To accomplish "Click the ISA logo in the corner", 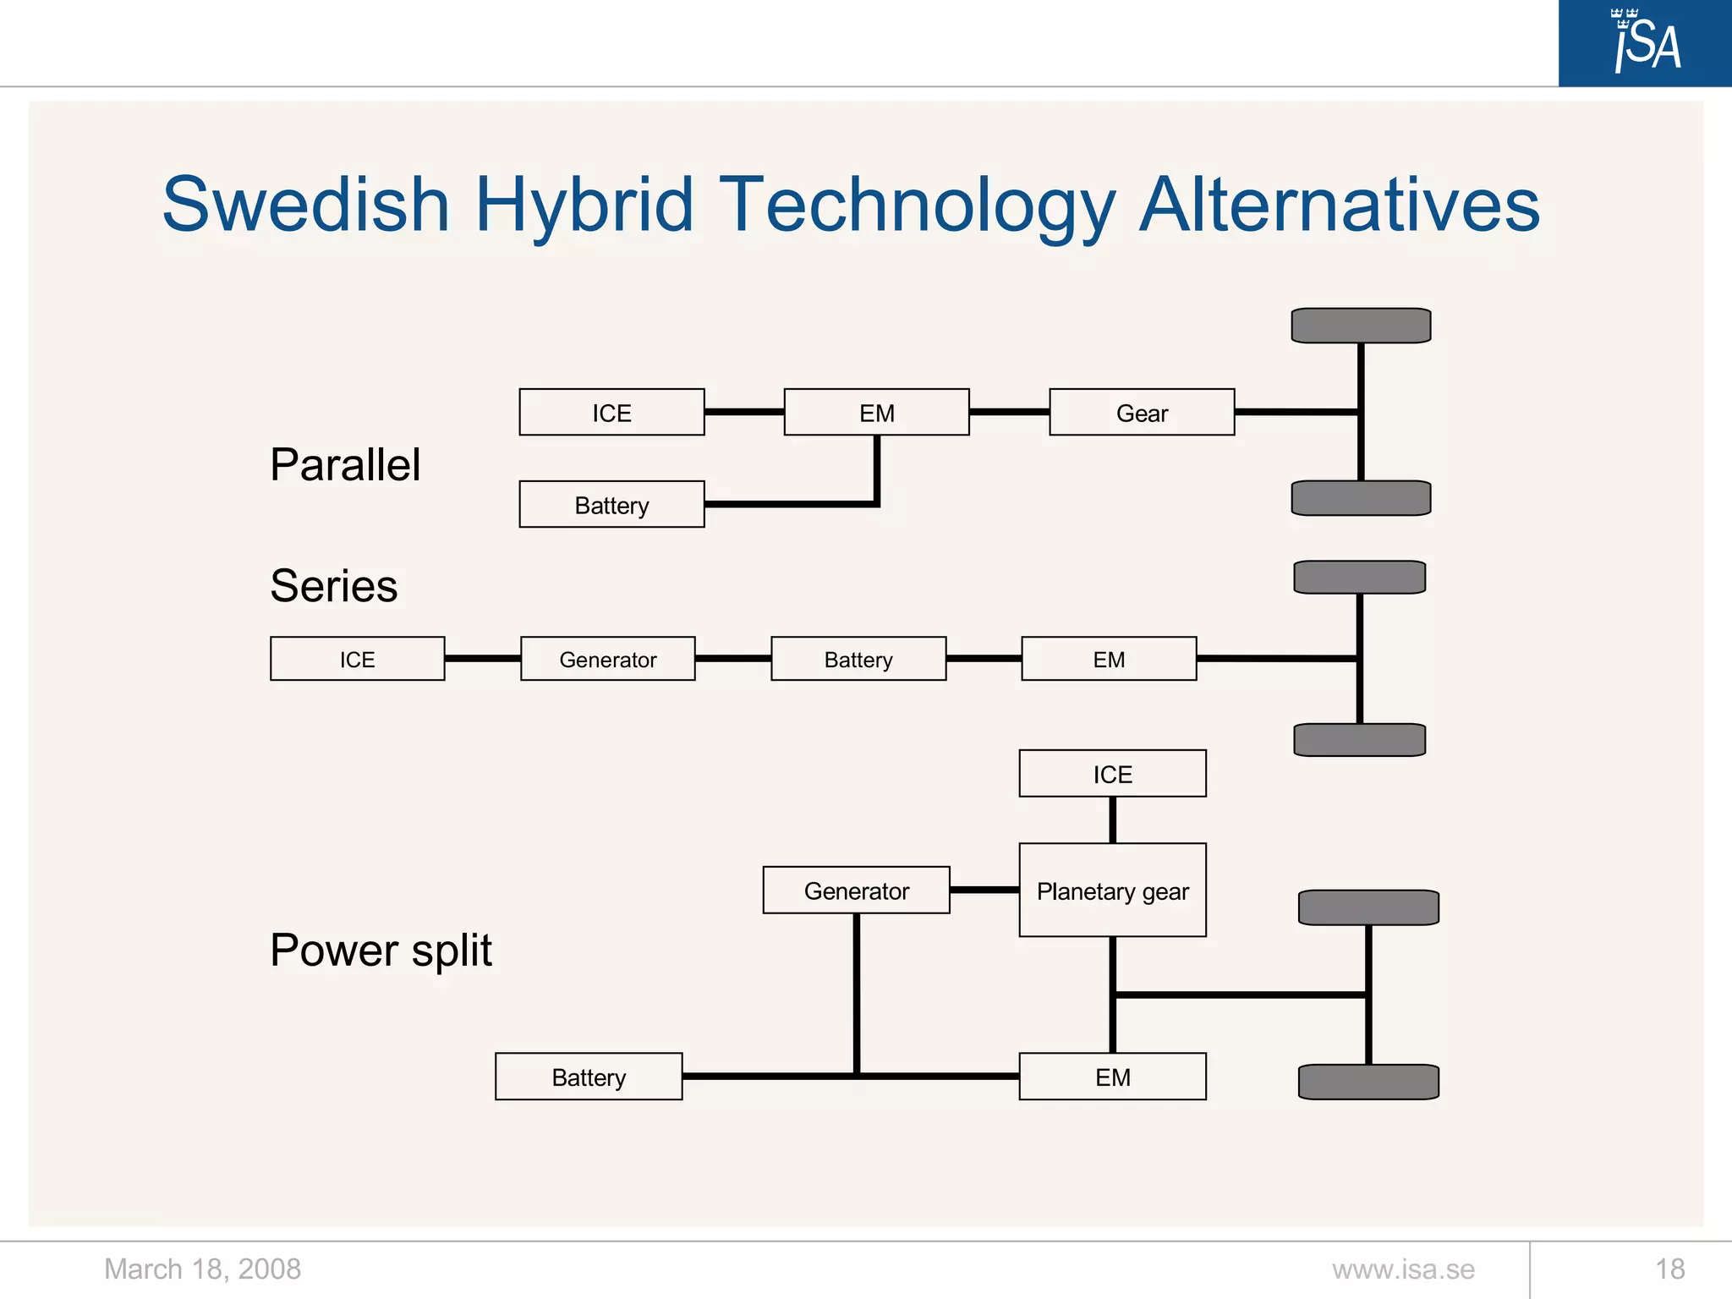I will (1645, 42).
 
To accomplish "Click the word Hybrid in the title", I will (584, 205).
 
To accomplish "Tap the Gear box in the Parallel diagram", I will (1142, 413).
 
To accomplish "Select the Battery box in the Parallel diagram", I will (611, 505).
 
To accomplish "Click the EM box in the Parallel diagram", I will (876, 413).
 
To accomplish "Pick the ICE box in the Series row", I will (357, 659).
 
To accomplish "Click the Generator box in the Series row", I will (607, 659).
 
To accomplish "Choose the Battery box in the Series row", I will (858, 659).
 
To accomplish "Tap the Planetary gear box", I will (1112, 891).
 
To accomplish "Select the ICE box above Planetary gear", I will (1112, 774).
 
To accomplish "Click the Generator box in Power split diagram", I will (856, 891).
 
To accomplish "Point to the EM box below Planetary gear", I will (1112, 1077).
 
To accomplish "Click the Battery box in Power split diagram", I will (589, 1077).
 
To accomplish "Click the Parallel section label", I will (345, 464).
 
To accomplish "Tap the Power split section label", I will (381, 950).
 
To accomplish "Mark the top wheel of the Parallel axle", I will (1361, 326).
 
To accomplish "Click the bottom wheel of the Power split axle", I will (1368, 1082).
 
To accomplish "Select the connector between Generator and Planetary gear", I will (984, 890).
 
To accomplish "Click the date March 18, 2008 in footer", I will (202, 1269).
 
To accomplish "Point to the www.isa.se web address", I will (1403, 1269).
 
